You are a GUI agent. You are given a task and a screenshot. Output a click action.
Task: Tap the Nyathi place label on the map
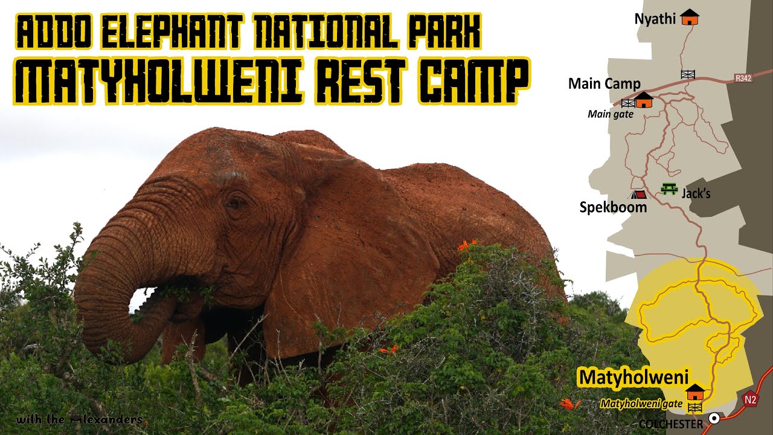tap(655, 19)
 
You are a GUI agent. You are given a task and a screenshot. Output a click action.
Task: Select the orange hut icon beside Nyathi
tap(689, 17)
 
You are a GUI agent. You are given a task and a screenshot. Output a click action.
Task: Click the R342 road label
tap(743, 78)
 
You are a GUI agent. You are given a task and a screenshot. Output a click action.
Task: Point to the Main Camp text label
tap(604, 83)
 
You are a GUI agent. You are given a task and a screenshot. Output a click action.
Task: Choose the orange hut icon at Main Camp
tap(644, 100)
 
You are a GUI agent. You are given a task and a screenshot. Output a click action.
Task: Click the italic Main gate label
tap(611, 114)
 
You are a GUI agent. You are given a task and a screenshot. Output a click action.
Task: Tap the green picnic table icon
tap(669, 189)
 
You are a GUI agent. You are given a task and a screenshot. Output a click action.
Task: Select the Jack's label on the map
tap(696, 194)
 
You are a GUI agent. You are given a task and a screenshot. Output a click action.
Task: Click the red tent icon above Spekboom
tap(638, 195)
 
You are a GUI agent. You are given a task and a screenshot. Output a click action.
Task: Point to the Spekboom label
tap(613, 207)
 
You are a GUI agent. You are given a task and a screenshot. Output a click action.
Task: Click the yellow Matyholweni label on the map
tap(633, 377)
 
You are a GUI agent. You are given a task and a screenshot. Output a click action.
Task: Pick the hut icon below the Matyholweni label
tap(695, 391)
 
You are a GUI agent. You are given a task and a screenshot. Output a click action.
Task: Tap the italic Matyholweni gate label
tap(641, 404)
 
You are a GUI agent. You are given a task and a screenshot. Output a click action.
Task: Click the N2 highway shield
tap(750, 399)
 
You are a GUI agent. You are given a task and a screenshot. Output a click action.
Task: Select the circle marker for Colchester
tap(714, 418)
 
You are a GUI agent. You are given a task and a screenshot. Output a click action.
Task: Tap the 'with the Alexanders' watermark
tap(79, 419)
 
